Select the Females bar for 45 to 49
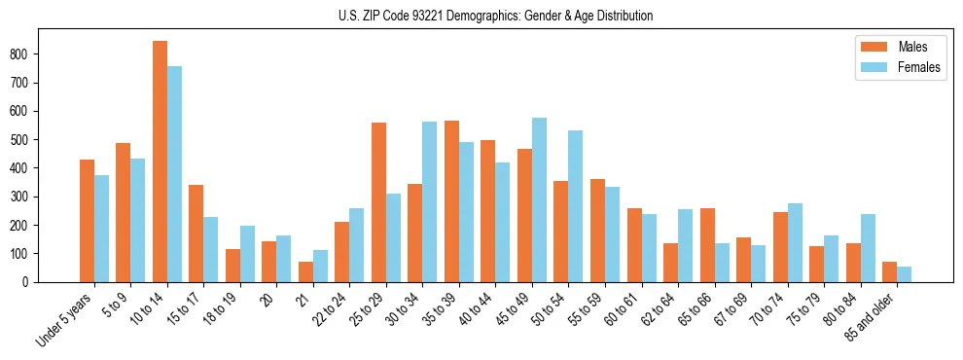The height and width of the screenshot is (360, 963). point(539,199)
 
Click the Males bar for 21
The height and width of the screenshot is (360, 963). point(305,271)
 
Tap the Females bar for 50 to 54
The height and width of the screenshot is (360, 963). point(576,206)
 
